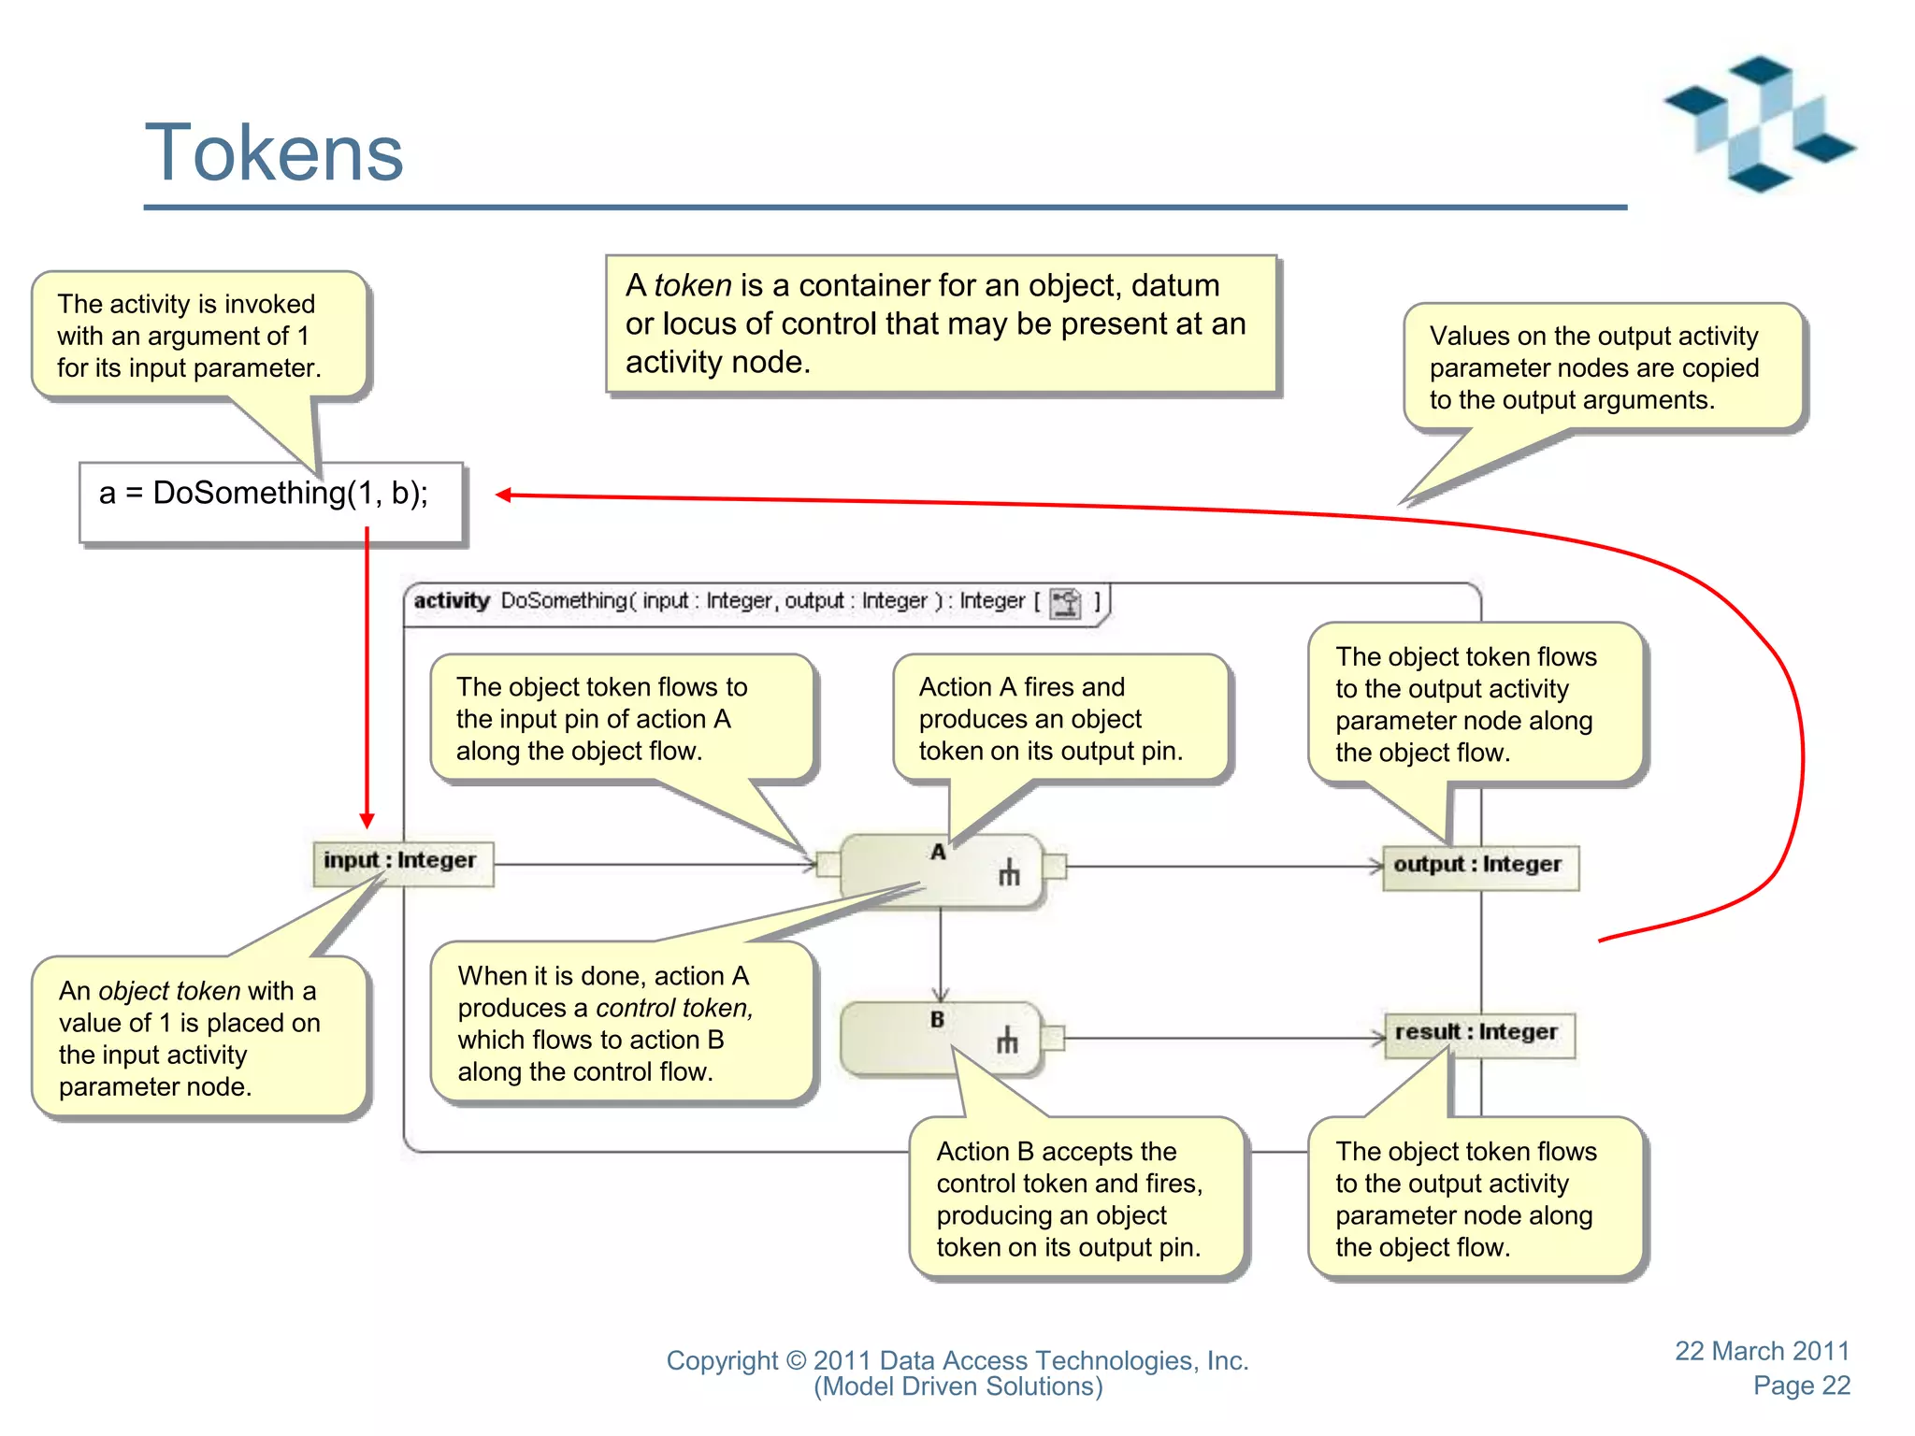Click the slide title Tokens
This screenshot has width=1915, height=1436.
(274, 153)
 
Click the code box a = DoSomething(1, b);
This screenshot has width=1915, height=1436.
(271, 502)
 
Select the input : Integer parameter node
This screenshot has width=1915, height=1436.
(402, 861)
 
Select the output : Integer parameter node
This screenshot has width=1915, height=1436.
(1479, 866)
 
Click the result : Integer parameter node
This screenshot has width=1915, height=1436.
(1477, 1033)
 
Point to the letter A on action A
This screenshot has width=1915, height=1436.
(938, 852)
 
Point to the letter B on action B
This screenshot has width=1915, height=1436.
(937, 1020)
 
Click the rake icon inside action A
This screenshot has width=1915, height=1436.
(1009, 873)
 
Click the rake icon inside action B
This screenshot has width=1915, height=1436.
(1007, 1040)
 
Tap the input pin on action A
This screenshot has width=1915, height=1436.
(828, 864)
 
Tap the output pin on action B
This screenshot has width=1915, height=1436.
(1052, 1037)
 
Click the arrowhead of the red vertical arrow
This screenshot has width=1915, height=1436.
(367, 820)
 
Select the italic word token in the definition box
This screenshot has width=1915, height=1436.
(692, 285)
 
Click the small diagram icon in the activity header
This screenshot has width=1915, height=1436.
(1065, 602)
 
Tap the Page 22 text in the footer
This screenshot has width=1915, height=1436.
(1801, 1386)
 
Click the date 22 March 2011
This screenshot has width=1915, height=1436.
(1762, 1351)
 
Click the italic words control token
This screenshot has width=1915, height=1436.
(673, 1008)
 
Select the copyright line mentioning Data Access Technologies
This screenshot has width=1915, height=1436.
(957, 1360)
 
